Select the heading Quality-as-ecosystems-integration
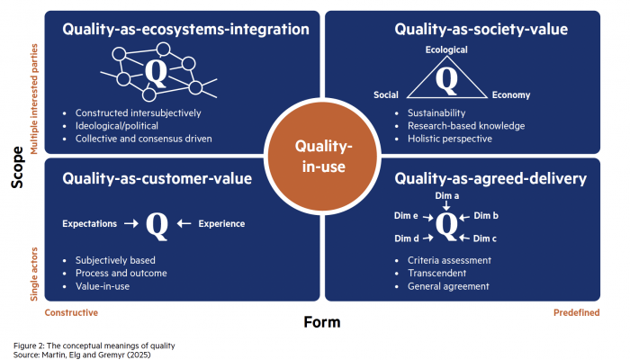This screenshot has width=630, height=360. (x=185, y=30)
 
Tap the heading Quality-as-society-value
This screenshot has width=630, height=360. (x=481, y=30)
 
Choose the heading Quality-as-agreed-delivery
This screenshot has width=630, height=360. (x=490, y=178)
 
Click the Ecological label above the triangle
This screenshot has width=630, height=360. (x=446, y=50)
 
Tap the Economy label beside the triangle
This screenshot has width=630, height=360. (x=511, y=95)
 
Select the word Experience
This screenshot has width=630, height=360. (x=221, y=223)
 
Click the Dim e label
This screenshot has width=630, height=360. (x=406, y=217)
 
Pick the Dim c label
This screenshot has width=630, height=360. (x=486, y=238)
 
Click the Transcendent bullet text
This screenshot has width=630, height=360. (x=438, y=274)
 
